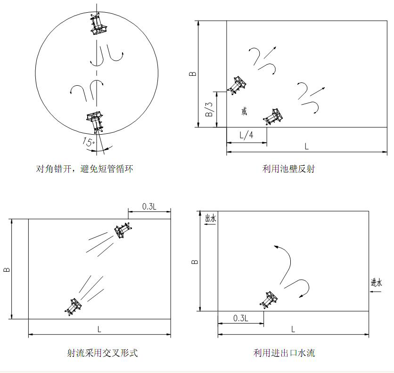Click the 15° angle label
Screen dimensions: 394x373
tap(89, 142)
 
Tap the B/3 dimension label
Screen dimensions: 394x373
tap(209, 109)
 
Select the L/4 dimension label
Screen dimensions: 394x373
tap(246, 135)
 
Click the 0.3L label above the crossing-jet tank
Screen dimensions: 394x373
tap(149, 206)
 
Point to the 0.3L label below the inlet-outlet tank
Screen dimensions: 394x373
tap(241, 318)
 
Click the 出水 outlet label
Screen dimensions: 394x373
tap(211, 218)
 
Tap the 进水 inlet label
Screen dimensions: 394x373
tap(377, 283)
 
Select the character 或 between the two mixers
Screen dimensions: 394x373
tap(244, 111)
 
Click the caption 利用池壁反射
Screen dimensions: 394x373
tap(288, 169)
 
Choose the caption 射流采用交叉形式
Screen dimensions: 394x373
tap(102, 353)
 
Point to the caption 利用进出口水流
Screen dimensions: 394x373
tap(284, 353)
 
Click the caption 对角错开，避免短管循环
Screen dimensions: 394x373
tap(84, 169)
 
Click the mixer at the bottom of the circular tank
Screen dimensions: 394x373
tap(95, 122)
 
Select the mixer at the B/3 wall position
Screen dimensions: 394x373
tap(237, 85)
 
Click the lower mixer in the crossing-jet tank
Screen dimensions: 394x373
tap(74, 307)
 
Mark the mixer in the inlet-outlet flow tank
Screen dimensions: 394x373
tap(269, 300)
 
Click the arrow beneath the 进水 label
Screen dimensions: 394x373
tap(376, 292)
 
